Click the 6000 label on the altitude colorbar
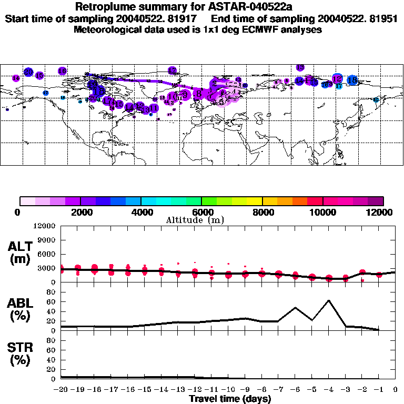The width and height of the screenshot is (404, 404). click(201, 212)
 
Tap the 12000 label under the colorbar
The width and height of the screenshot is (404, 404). click(380, 212)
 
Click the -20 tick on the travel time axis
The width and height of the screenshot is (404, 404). click(62, 390)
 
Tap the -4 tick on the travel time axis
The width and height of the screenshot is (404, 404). click(328, 390)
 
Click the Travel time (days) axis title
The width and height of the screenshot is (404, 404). click(230, 399)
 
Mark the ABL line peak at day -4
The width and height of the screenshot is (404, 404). click(329, 300)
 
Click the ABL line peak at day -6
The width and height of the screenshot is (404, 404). click(296, 307)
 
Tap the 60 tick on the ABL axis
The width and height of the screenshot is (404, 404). click(52, 302)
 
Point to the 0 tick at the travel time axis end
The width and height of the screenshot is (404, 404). click(395, 390)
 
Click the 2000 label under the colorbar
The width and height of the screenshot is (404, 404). click(80, 212)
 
